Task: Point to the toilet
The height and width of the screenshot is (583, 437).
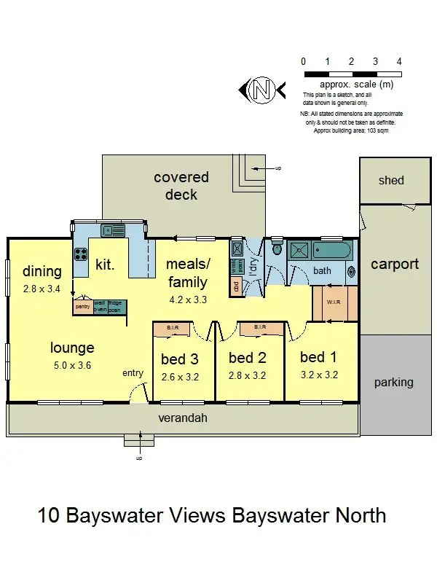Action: (275, 247)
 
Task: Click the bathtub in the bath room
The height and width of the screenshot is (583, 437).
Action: (332, 251)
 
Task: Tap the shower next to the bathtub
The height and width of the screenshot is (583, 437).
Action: (299, 251)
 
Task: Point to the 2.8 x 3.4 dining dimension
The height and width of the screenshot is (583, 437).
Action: (42, 289)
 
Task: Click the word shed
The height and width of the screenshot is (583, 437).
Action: (391, 180)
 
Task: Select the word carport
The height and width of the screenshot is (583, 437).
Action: (395, 264)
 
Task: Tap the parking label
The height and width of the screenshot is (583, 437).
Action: (393, 382)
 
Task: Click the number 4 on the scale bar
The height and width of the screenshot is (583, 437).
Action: (399, 62)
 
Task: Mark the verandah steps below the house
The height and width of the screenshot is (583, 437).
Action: (138, 440)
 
